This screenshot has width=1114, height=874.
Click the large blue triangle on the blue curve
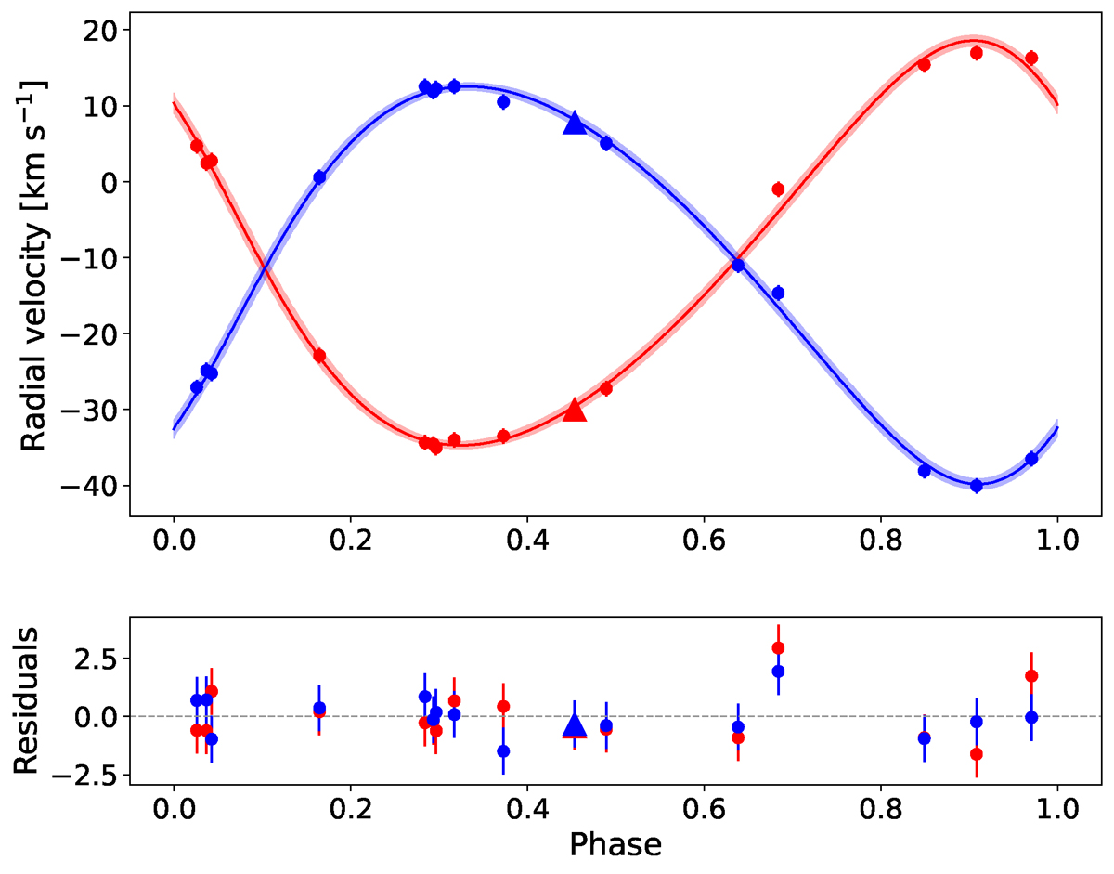[575, 123]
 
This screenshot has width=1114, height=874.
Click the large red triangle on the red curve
[575, 410]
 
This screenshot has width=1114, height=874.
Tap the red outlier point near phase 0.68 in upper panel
[778, 189]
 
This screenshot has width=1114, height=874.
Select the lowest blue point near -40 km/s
[976, 486]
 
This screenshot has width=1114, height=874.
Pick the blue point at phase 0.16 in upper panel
[319, 177]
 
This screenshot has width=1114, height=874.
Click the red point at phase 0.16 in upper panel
[319, 356]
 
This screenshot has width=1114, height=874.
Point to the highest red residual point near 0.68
[778, 648]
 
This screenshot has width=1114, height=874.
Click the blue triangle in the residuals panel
[575, 725]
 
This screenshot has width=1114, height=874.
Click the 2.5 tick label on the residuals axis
[90, 659]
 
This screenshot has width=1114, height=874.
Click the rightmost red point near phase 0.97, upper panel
[1030, 59]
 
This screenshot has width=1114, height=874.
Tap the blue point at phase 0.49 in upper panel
[606, 143]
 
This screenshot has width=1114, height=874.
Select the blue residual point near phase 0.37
[503, 750]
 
